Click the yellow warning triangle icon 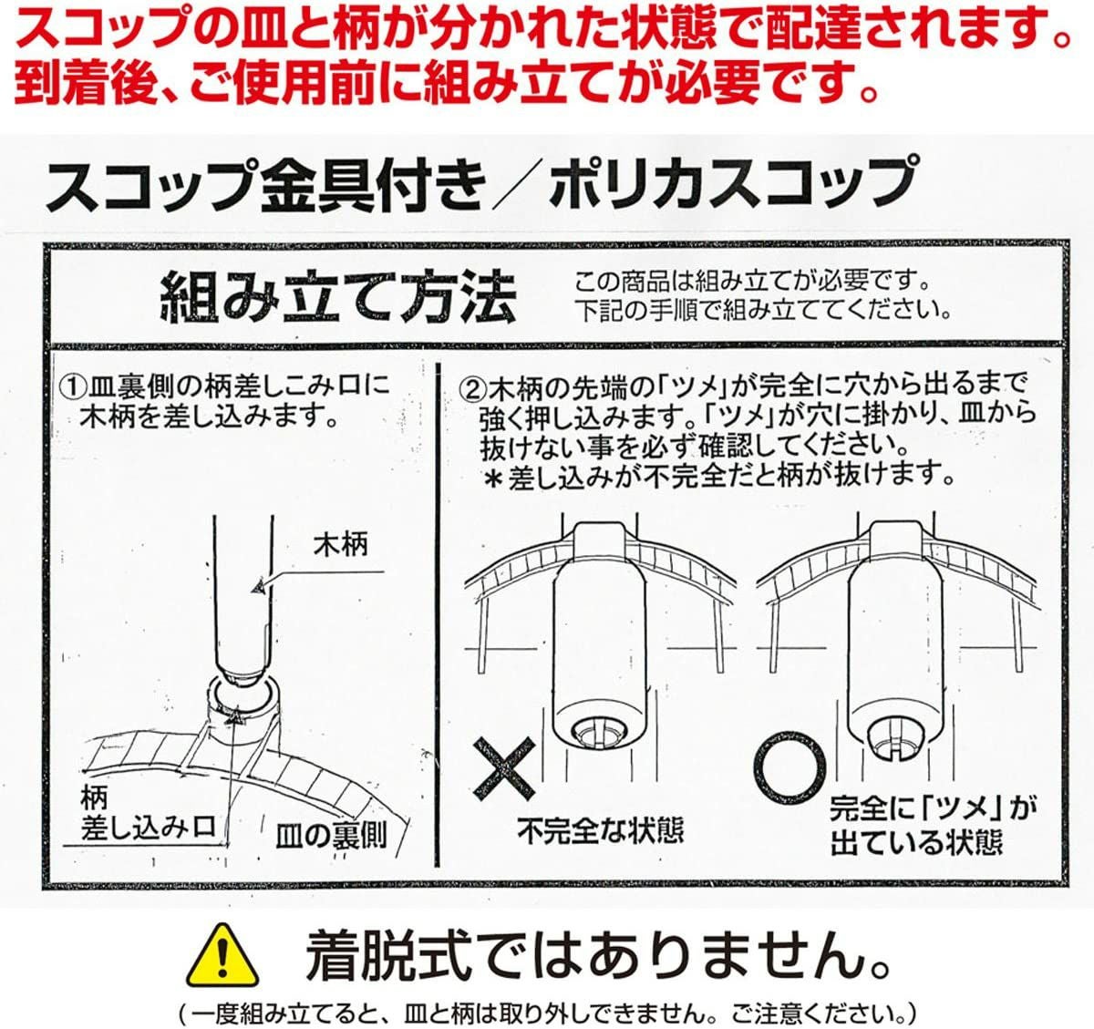(222, 955)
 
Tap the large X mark (504, 768)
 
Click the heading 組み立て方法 (336, 296)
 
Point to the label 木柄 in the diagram (340, 545)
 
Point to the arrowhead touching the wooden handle (258, 587)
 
